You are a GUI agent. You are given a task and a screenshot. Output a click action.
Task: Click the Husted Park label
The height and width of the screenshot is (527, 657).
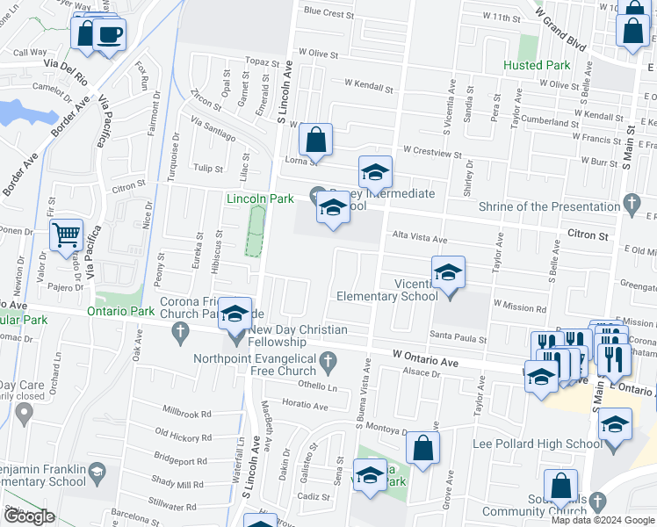click(537, 65)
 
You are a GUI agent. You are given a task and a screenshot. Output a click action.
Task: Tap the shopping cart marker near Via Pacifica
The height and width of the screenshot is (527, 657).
click(66, 235)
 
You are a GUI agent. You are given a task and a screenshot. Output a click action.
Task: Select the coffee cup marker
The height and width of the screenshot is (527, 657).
click(110, 34)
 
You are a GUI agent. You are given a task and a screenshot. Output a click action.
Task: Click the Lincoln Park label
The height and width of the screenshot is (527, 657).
click(260, 199)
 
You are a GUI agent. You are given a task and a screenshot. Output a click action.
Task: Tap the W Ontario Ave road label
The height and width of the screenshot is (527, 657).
click(425, 361)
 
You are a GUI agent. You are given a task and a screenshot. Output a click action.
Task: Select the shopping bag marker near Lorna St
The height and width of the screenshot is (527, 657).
click(315, 139)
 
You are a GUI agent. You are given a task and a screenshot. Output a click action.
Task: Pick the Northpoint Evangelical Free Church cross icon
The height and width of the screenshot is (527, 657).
click(328, 359)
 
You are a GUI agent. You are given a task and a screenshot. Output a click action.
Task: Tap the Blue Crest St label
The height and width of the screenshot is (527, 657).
click(328, 13)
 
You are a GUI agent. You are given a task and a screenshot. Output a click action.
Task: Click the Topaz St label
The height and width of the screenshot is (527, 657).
click(262, 62)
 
